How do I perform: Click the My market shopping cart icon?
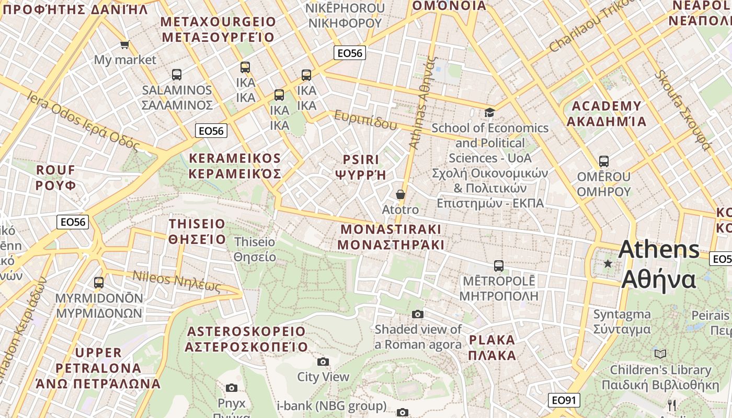point(124,45)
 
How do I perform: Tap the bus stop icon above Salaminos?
point(177,75)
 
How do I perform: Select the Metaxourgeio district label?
point(218,29)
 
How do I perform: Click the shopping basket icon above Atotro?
point(401,194)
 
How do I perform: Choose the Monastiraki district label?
point(391,237)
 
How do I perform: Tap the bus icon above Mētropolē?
point(499,266)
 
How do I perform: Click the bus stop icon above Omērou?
point(604,161)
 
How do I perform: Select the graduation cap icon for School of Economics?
point(489,112)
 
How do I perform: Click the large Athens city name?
point(659,264)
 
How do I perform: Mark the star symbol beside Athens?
point(608,264)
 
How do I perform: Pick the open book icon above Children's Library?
point(660,354)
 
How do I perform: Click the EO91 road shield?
point(565,401)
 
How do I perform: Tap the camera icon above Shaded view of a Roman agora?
point(417,314)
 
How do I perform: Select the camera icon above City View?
point(323,362)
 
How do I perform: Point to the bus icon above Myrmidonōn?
point(99,283)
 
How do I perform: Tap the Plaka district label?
point(492,347)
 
